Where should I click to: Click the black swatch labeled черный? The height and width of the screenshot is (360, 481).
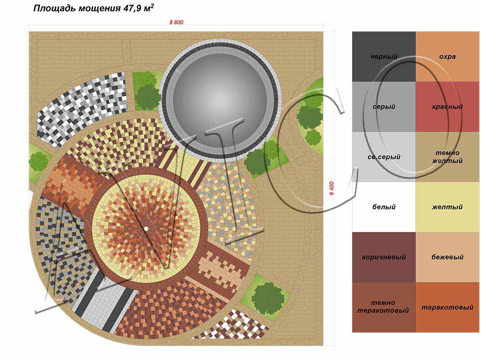click(384, 56)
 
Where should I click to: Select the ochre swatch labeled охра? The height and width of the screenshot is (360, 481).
click(447, 56)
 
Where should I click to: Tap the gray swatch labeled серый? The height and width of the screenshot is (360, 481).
click(384, 107)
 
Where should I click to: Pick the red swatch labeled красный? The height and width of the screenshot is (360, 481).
click(447, 107)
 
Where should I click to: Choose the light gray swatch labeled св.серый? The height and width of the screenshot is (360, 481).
click(384, 157)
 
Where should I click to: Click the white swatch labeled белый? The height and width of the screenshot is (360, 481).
click(384, 207)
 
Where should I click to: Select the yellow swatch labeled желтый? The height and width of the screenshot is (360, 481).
click(447, 207)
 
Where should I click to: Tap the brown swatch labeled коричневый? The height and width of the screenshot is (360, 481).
click(384, 257)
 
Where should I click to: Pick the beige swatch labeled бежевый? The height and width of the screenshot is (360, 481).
click(447, 257)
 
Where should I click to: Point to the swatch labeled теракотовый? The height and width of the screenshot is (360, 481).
click(447, 307)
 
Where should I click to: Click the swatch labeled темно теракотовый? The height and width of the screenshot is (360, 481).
click(384, 307)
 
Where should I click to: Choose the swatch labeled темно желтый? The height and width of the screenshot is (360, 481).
click(447, 157)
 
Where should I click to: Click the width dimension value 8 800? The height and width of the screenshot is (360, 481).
click(177, 22)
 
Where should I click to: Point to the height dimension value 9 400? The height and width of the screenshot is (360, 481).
click(331, 188)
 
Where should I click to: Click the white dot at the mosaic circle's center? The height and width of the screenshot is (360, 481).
click(146, 229)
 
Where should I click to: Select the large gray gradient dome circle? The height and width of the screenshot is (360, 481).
click(220, 101)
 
